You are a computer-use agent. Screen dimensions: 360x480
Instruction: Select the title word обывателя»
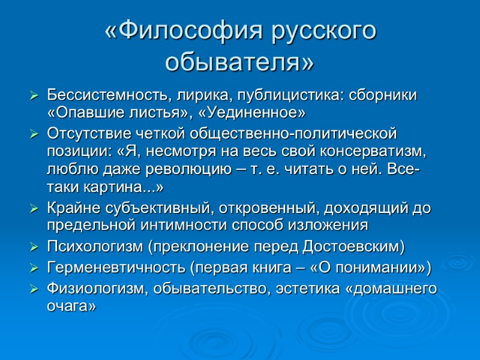click(239, 61)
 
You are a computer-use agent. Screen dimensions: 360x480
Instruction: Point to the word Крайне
click(68, 208)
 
